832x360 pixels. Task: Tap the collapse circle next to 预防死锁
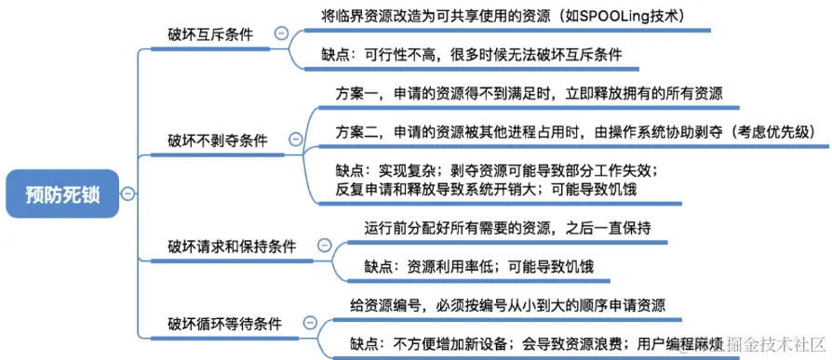[127, 194]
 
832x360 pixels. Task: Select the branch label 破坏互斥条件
[210, 34]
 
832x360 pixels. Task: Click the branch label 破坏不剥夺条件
[218, 140]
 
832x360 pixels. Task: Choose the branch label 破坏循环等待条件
[233, 323]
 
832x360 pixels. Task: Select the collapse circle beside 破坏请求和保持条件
[324, 246]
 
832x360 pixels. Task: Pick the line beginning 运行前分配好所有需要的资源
[507, 228]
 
